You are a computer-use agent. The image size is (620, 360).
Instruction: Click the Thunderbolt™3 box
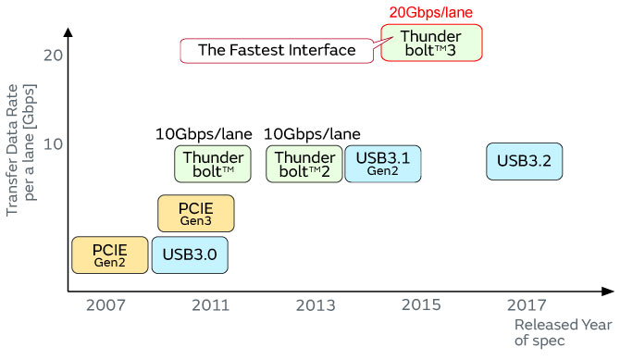431,43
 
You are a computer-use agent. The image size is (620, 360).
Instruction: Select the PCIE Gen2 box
109,254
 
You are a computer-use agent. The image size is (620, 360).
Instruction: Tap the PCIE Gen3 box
196,213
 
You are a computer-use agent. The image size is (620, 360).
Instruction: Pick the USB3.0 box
189,254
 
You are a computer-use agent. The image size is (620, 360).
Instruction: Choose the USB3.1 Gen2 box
383,163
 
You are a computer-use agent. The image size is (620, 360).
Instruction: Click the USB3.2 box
524,161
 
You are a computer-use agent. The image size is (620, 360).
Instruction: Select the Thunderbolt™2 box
304,163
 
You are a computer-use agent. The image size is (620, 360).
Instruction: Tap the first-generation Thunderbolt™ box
213,163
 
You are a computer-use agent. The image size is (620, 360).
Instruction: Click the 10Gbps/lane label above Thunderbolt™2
312,134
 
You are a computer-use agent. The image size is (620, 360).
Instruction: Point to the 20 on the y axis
52,56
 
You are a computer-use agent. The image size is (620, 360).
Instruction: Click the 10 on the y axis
52,144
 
